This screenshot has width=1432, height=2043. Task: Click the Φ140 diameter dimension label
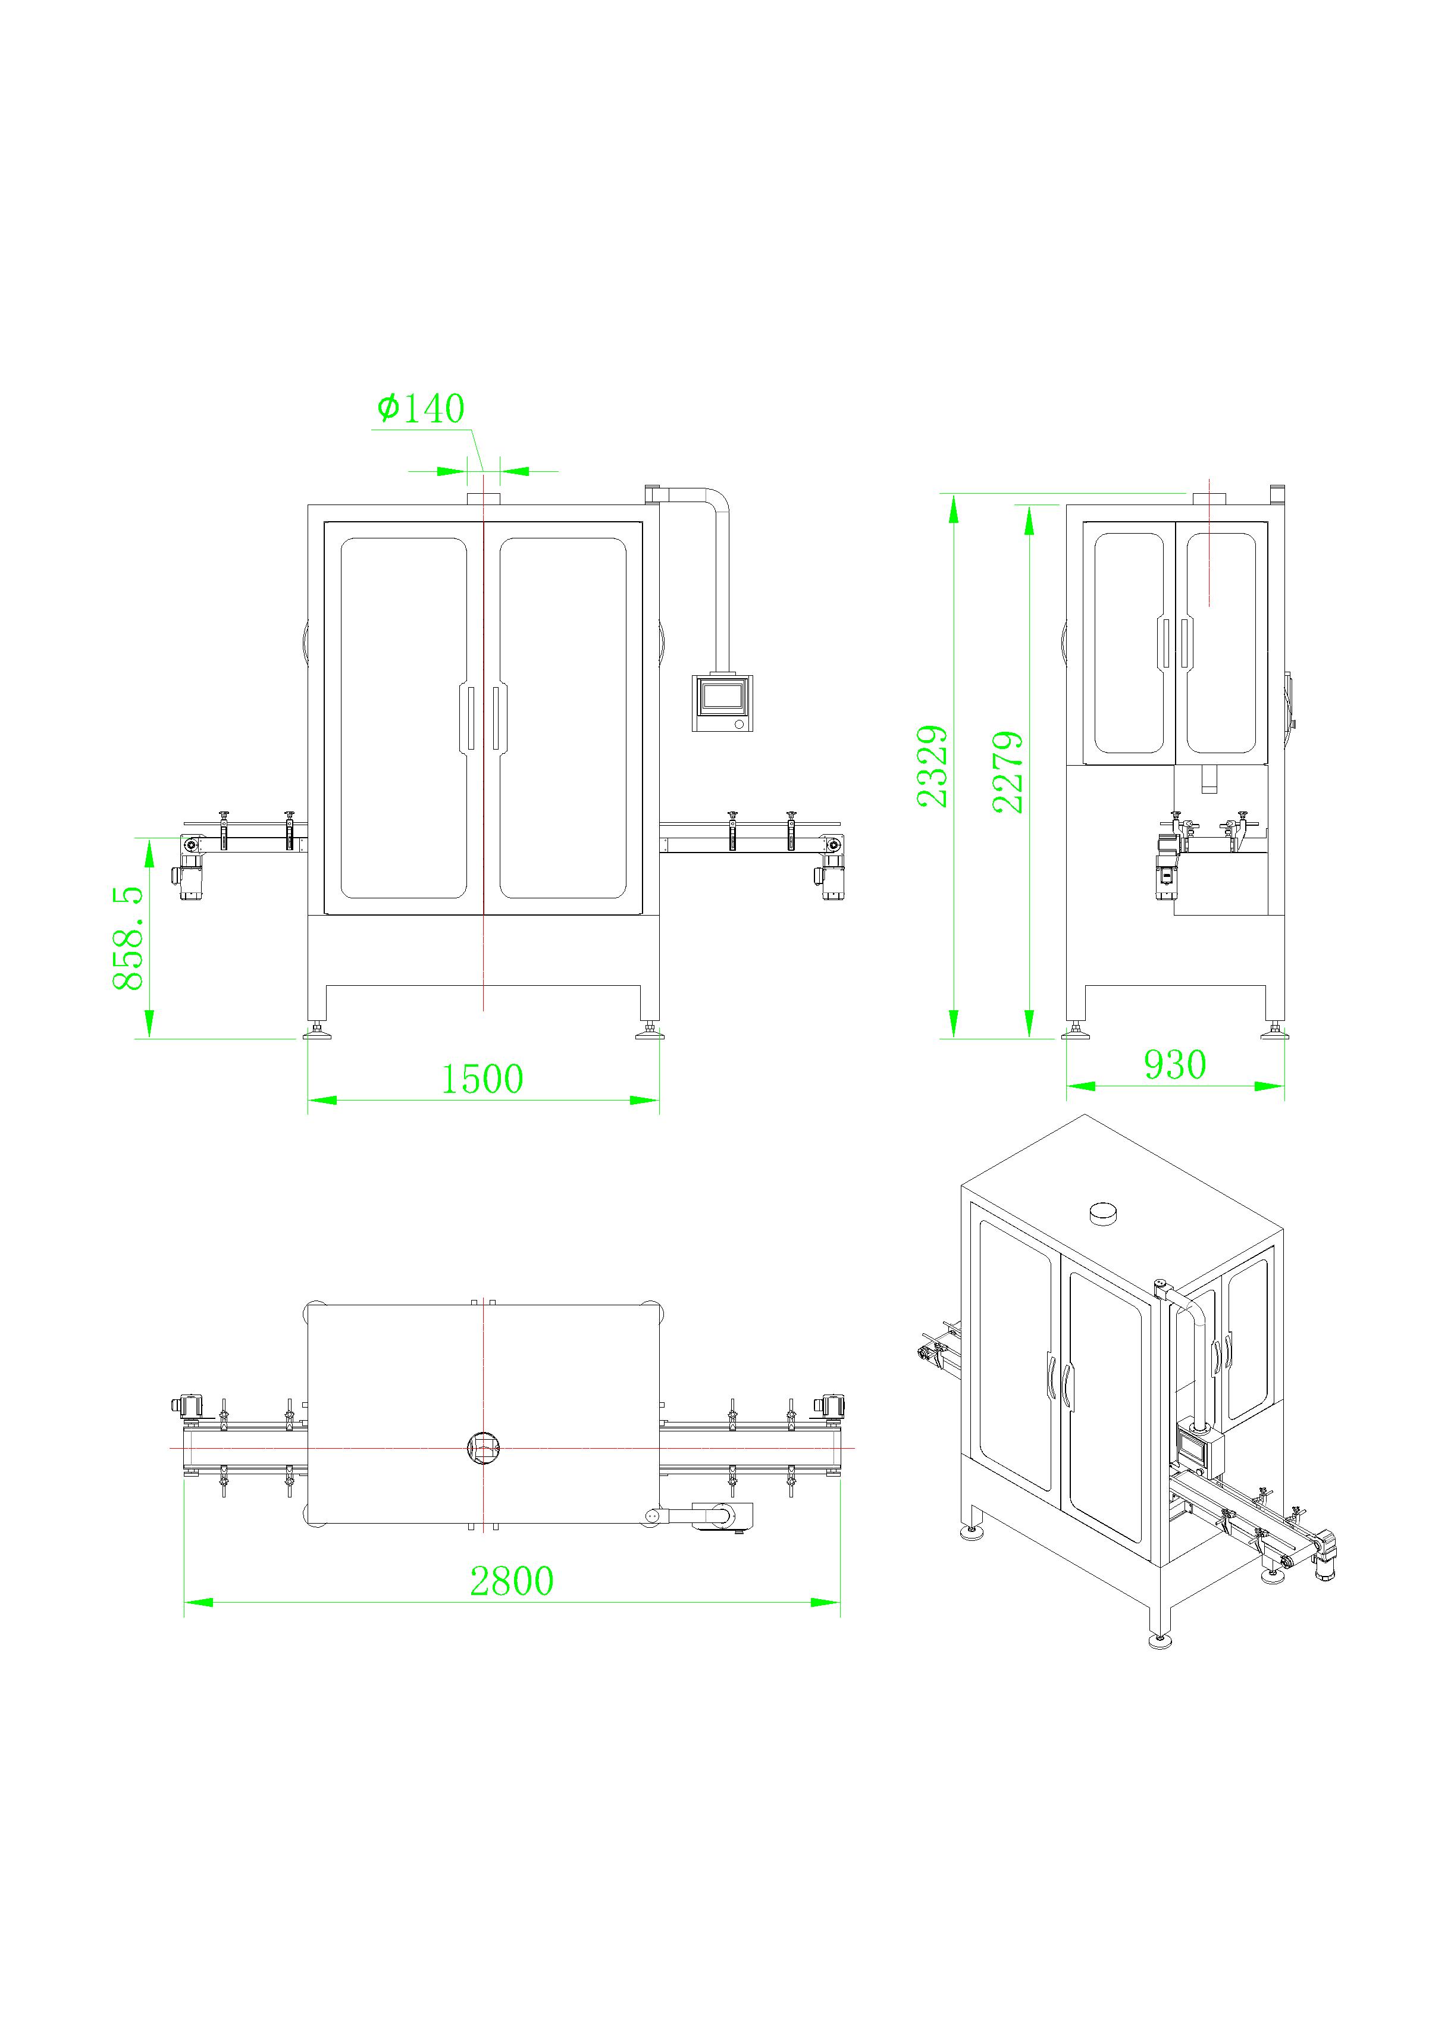[x=420, y=409]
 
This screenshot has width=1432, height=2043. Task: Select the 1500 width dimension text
[x=482, y=1079]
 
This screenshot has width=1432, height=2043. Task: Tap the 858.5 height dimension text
[x=128, y=937]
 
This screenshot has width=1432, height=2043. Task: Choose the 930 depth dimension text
[x=1175, y=1065]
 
